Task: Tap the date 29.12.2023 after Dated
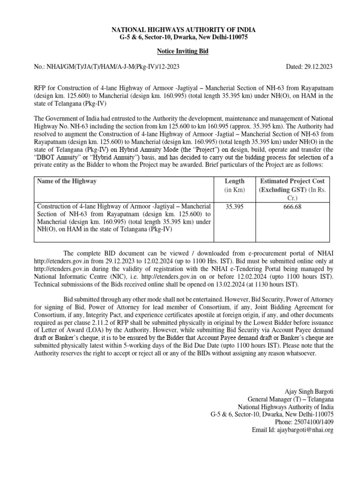317,67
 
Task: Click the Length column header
234,181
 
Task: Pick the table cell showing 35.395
234,206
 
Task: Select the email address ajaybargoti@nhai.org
305,430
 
